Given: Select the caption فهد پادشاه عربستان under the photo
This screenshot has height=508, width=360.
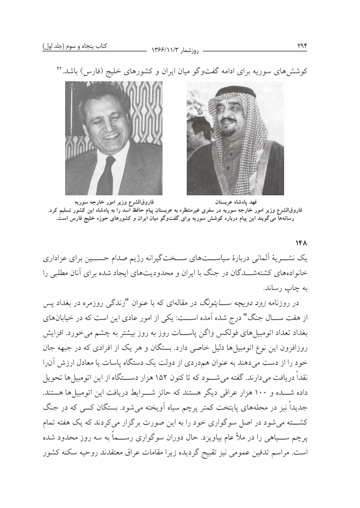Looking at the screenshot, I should pyautogui.click(x=235, y=203).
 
